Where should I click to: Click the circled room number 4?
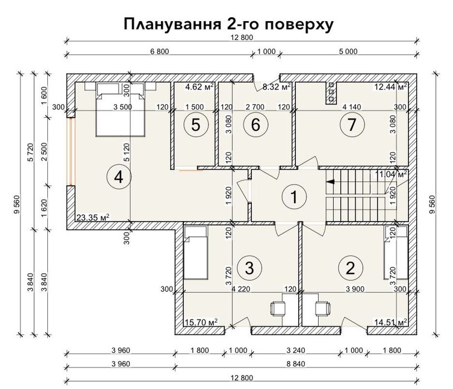[118, 177]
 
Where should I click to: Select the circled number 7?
[351, 125]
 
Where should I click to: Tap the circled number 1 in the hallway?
[290, 196]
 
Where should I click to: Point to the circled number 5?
[196, 125]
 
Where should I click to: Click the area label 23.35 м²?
[92, 217]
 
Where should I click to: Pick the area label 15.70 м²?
[201, 321]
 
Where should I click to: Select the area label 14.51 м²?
[389, 321]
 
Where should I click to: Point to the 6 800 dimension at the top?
[159, 52]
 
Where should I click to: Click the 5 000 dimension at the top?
[348, 52]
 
